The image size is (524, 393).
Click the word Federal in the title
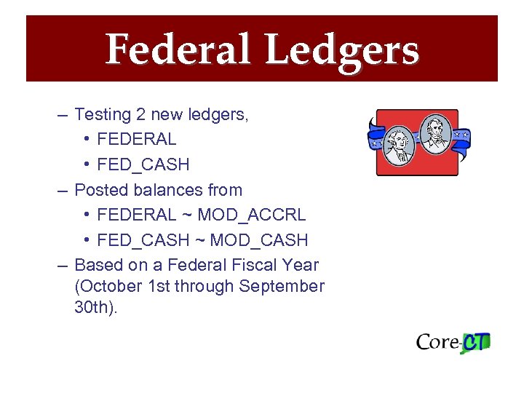pyautogui.click(x=180, y=50)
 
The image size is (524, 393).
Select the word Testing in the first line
pyautogui.click(x=103, y=114)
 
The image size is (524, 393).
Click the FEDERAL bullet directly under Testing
pyautogui.click(x=136, y=139)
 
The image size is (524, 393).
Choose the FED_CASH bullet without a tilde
pyautogui.click(x=143, y=164)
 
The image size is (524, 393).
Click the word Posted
pyautogui.click(x=100, y=190)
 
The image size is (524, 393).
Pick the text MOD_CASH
pyautogui.click(x=259, y=240)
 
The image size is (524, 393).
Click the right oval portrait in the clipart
pyautogui.click(x=436, y=135)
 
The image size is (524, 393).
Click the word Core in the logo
pyautogui.click(x=437, y=342)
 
